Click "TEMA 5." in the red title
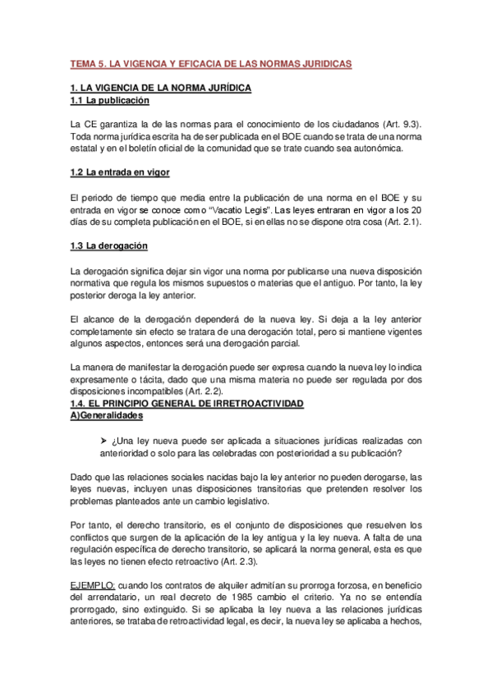coord(86,63)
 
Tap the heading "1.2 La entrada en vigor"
coord(122,172)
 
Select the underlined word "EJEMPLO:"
coord(96,586)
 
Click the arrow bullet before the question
coord(102,440)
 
